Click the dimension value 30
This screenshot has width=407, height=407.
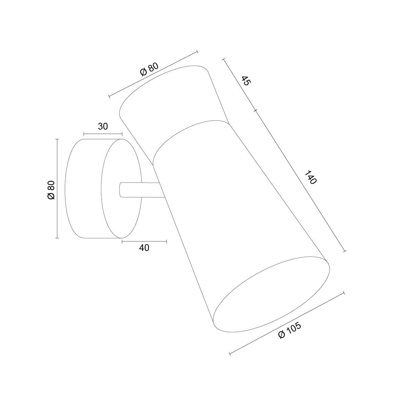coord(103,126)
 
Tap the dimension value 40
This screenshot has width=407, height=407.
coord(144,248)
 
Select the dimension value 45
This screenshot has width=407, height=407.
coord(246,81)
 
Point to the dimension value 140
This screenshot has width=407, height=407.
coord(311,177)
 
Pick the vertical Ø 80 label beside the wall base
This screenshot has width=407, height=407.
coord(51,190)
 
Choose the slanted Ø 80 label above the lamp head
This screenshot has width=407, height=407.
coord(149,69)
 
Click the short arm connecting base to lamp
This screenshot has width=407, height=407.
coord(142,190)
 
